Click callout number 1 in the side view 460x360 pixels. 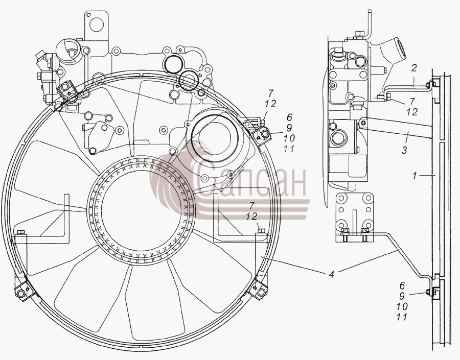tap(415, 176)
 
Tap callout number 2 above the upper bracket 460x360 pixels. tap(413, 68)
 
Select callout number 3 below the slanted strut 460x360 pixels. tap(405, 151)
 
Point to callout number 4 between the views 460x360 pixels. tap(332, 275)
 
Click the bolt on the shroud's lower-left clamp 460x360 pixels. tap(20, 294)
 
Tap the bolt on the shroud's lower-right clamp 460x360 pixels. tap(261, 292)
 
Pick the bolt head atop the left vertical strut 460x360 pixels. tap(20, 233)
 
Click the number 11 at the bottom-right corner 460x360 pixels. tap(401, 317)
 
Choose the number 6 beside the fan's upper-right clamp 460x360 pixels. tap(290, 117)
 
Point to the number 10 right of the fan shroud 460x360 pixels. tap(289, 138)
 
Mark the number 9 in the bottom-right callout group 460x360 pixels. tap(402, 296)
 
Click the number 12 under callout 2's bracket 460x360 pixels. tap(412, 112)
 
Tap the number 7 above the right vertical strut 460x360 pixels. tap(251, 205)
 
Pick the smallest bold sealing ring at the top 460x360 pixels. tap(201, 92)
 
